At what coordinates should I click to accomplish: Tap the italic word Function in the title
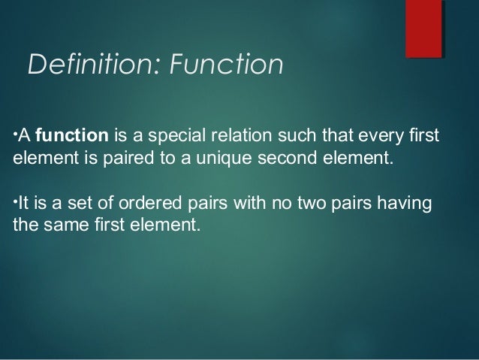click(x=225, y=65)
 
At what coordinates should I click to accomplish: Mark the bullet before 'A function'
click(x=17, y=135)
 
